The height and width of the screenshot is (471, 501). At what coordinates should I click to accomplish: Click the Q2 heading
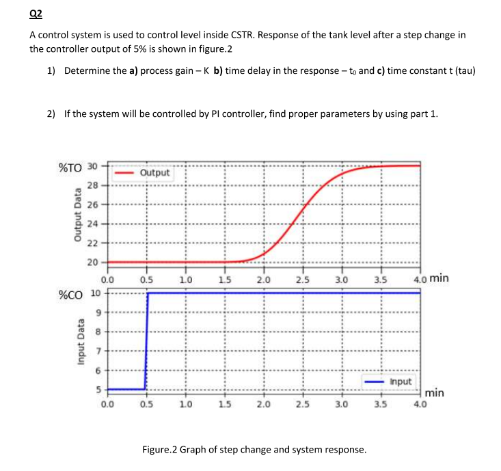(x=37, y=12)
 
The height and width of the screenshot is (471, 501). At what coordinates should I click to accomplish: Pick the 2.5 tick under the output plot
(x=302, y=278)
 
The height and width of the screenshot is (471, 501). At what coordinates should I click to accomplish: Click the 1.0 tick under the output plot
(x=185, y=278)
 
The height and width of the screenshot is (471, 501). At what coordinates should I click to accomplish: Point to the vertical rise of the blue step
(x=146, y=342)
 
